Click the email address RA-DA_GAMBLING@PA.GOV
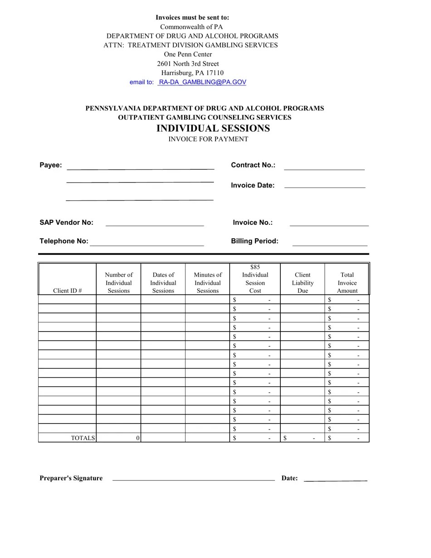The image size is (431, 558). [202, 82]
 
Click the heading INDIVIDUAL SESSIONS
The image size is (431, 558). [213, 128]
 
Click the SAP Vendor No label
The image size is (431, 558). [66, 222]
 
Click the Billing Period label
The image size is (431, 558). [255, 241]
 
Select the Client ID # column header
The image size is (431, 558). [67, 291]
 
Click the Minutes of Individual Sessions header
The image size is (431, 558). [207, 282]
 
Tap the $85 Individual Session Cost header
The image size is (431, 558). [255, 279]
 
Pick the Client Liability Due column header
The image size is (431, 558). [303, 282]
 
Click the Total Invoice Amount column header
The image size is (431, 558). [347, 282]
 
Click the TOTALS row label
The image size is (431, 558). [83, 438]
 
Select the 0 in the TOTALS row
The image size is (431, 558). [137, 438]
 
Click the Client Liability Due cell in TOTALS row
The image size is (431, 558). [302, 438]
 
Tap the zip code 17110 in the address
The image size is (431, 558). [215, 73]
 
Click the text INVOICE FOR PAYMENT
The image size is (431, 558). [208, 139]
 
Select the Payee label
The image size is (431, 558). [50, 165]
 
